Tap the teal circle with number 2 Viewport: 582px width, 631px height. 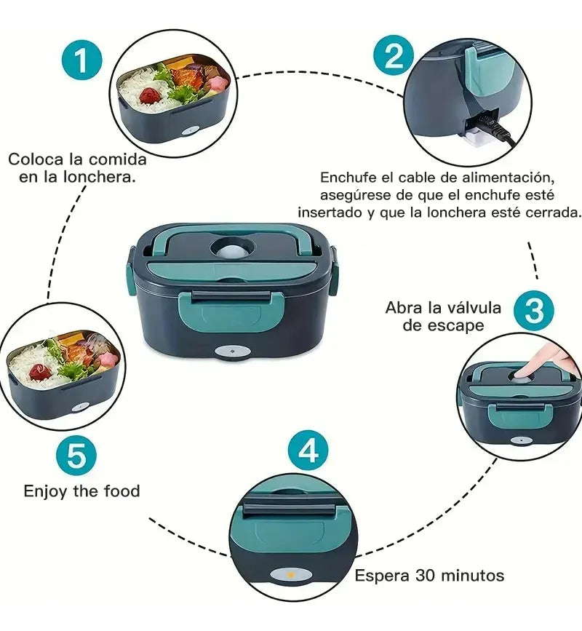393,55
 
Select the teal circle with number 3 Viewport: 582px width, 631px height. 534,311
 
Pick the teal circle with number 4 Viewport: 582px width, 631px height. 308,451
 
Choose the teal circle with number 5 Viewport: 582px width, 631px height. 76,457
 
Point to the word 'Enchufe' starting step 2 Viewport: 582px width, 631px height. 346,178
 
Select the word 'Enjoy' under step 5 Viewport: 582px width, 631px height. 45,491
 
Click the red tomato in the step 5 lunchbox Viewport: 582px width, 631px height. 41,372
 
